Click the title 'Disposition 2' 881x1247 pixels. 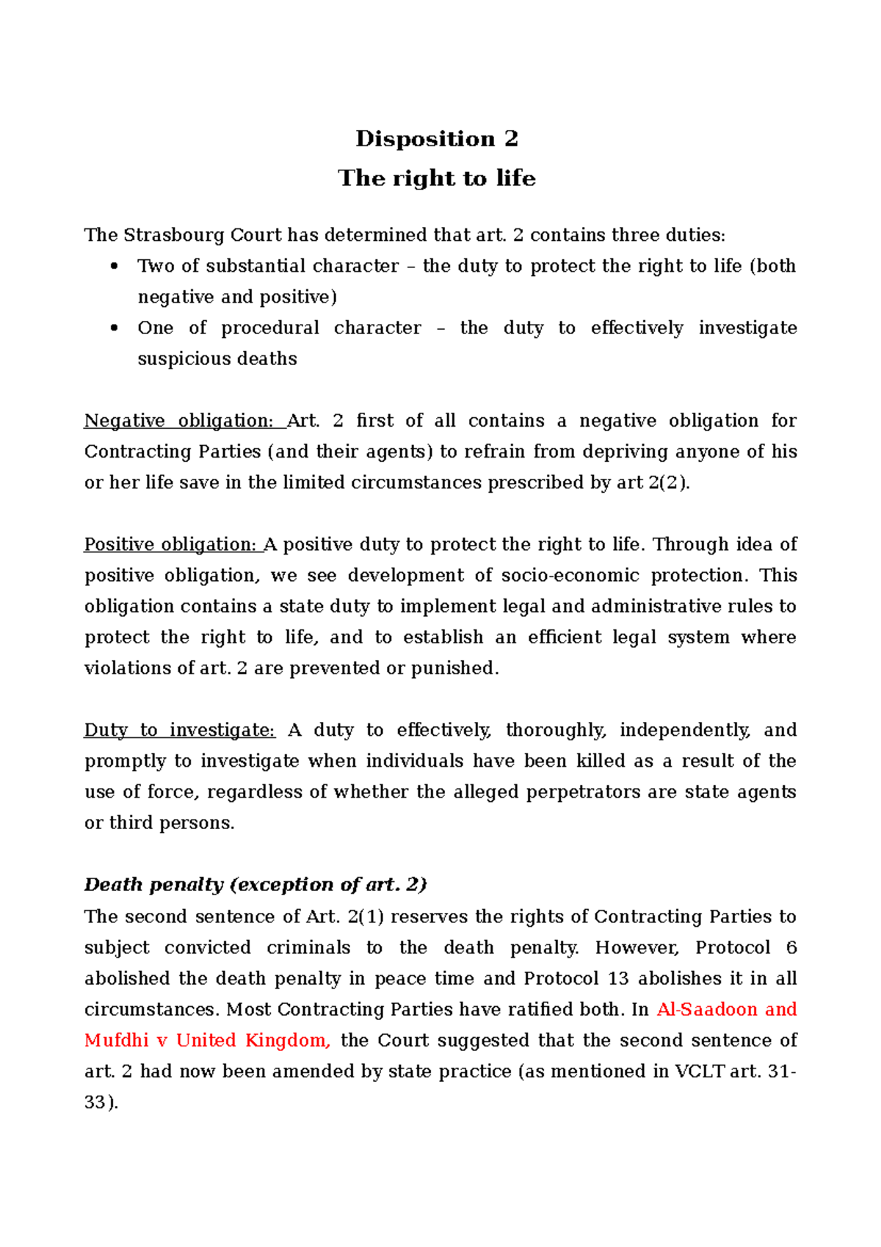tap(437, 139)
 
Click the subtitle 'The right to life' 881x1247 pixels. tap(437, 178)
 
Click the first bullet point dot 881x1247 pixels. tap(114, 267)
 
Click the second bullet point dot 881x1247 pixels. tap(114, 328)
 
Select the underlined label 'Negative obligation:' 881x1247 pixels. tap(179, 421)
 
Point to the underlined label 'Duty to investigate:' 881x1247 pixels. tap(180, 730)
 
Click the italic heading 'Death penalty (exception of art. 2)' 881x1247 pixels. tap(255, 885)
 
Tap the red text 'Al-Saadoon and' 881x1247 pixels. tap(727, 1010)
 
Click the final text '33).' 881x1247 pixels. tap(101, 1102)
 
